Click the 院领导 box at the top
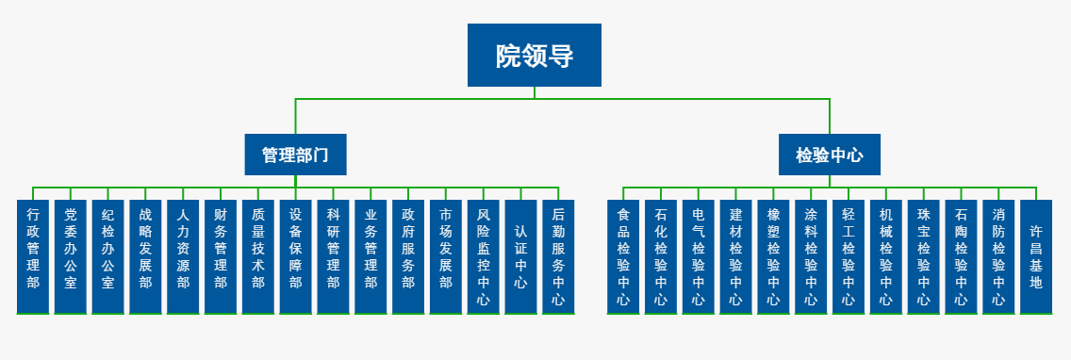[x=535, y=56]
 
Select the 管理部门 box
[x=295, y=155]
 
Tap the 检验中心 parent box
[x=829, y=155]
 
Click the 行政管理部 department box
[x=33, y=256]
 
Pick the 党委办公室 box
[x=71, y=256]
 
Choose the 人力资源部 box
[x=183, y=256]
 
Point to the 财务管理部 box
[x=221, y=256]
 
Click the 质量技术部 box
[x=258, y=256]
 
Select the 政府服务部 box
[x=408, y=256]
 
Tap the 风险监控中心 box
[x=484, y=256]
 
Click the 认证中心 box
[x=520, y=256]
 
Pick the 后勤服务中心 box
[x=558, y=256]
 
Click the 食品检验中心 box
[x=623, y=256]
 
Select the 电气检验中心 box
[x=698, y=256]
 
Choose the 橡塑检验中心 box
[x=773, y=256]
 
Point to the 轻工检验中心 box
[x=848, y=256]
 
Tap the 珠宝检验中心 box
[x=923, y=256]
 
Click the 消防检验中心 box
[x=998, y=256]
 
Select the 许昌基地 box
[x=1035, y=256]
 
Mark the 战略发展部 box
[x=145, y=256]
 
